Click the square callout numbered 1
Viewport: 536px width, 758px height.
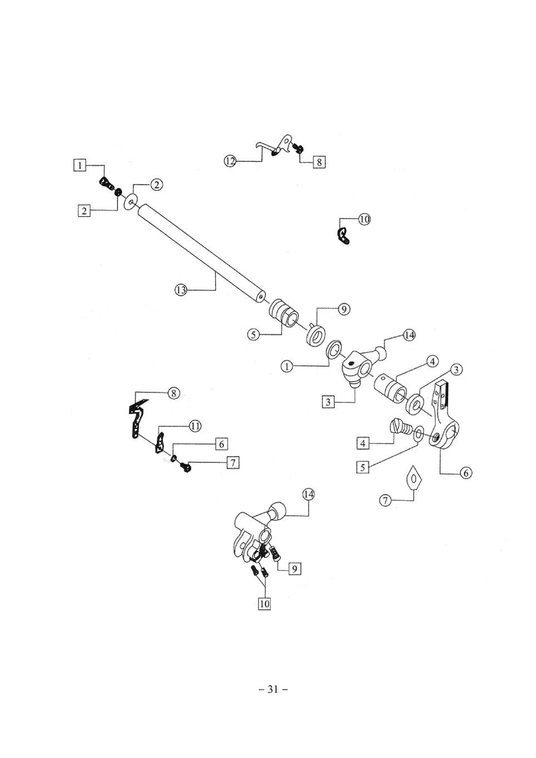[x=80, y=165]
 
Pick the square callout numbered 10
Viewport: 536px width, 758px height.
[x=264, y=604]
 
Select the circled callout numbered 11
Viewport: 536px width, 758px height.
[x=195, y=426]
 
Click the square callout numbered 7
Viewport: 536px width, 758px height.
[x=233, y=463]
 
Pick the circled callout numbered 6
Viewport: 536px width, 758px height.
[x=466, y=473]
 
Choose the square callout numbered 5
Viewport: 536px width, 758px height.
[x=363, y=467]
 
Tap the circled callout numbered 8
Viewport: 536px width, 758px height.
[x=174, y=393]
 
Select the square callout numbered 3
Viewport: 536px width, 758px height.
[x=328, y=402]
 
